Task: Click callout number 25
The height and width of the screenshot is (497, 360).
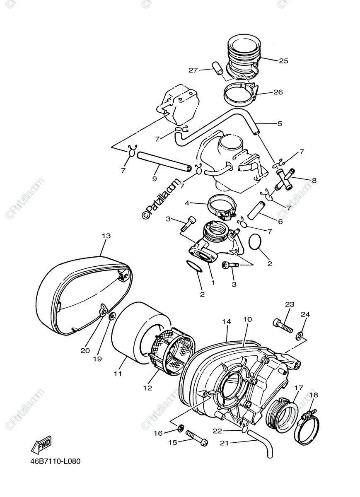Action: pos(283,61)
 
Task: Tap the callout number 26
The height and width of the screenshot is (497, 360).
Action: pos(278,92)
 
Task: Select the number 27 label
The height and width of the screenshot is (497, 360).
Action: pos(193,70)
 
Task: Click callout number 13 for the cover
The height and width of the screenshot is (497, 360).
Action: pos(106,236)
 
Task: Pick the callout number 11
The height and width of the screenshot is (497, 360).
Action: pos(118,373)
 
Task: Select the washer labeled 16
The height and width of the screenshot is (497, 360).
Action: pos(181,427)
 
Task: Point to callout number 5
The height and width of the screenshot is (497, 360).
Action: pos(280,123)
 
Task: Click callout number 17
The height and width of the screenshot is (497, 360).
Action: pos(299,388)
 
